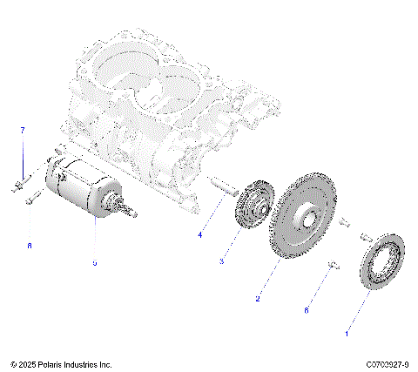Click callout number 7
(24, 130)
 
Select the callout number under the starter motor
(95, 262)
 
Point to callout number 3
(222, 261)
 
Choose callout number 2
(258, 299)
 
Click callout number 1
(348, 333)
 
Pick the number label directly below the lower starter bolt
(29, 246)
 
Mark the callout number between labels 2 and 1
(306, 309)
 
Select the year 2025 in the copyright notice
(27, 364)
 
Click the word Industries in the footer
(83, 364)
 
